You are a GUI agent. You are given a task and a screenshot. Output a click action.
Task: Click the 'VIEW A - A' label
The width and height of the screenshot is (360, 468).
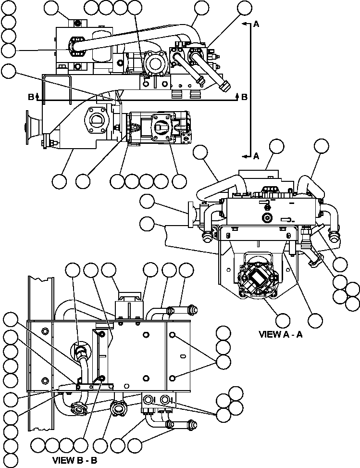click(x=281, y=334)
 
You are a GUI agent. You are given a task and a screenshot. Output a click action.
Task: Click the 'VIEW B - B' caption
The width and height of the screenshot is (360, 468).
click(x=74, y=460)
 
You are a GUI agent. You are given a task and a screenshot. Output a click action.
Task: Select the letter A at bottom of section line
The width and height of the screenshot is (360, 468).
click(x=256, y=155)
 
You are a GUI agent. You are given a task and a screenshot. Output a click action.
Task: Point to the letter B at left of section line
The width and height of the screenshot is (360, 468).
click(x=31, y=97)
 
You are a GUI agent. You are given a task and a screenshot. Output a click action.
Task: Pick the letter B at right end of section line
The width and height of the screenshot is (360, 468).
click(x=244, y=97)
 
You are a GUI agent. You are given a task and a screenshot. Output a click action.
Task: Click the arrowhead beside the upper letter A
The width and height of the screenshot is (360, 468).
click(x=245, y=23)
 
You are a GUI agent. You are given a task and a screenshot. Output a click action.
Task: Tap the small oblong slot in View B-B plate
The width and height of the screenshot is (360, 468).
click(x=183, y=356)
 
